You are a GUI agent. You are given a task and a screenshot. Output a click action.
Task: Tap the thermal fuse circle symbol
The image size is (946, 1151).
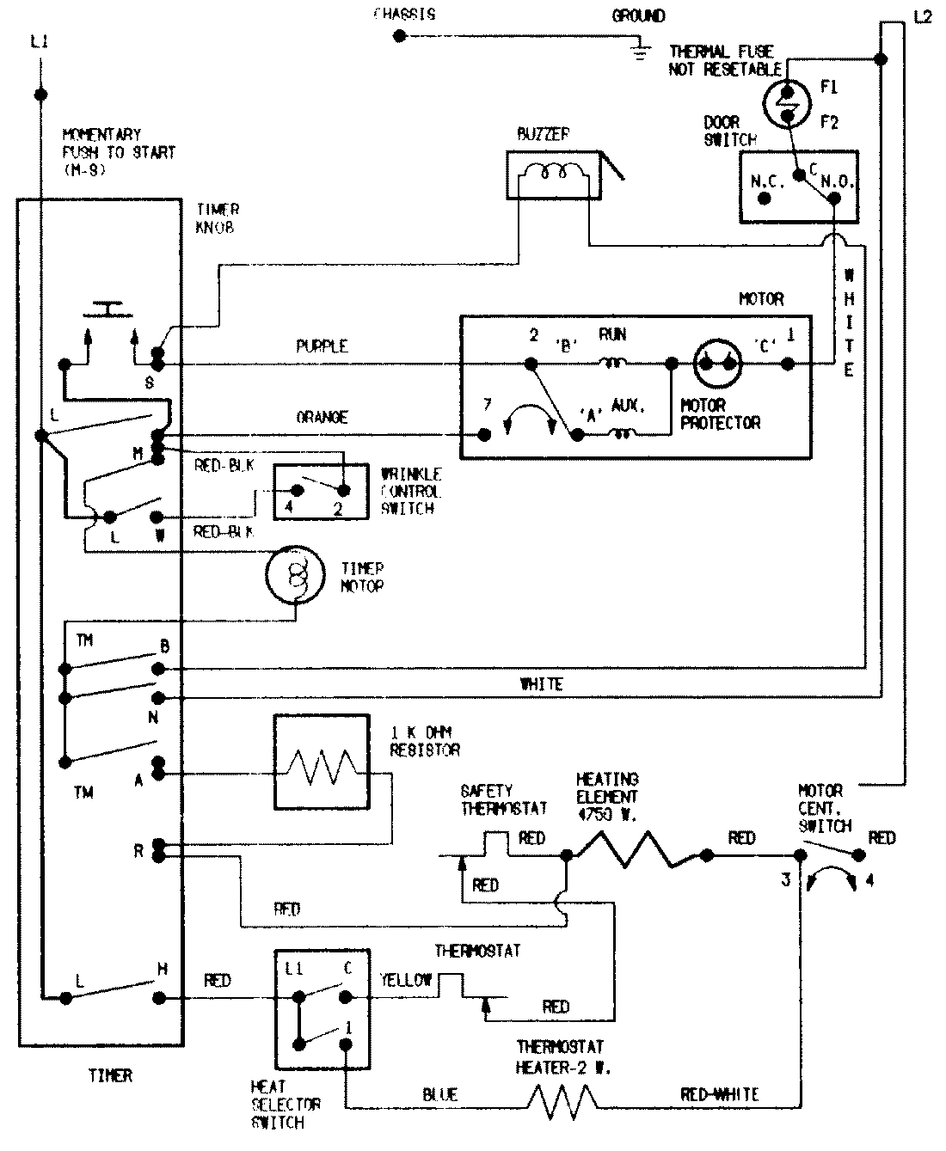coord(786,102)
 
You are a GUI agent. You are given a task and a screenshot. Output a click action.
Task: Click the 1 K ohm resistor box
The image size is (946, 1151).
coord(322,762)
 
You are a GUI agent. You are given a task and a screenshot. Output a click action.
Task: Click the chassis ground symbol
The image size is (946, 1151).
coord(638,51)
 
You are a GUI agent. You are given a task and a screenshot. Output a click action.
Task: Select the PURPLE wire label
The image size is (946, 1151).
coord(322,346)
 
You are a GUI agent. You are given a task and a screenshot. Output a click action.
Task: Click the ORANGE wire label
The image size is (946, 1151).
coord(322,417)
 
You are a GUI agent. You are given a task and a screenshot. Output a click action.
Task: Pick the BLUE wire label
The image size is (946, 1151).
coord(439,1095)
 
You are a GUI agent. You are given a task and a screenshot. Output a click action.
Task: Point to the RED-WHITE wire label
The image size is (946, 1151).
coord(719,1095)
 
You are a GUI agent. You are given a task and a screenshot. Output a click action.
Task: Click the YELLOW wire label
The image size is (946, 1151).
coord(405,980)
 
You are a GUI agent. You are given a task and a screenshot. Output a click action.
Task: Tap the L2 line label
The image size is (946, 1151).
coord(921,16)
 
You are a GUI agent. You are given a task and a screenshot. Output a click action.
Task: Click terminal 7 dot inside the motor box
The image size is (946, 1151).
coord(485,435)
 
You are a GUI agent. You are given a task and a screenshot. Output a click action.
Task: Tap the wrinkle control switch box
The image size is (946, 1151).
coord(321,492)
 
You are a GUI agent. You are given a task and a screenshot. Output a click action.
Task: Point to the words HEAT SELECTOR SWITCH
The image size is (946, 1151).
coord(285,1105)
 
